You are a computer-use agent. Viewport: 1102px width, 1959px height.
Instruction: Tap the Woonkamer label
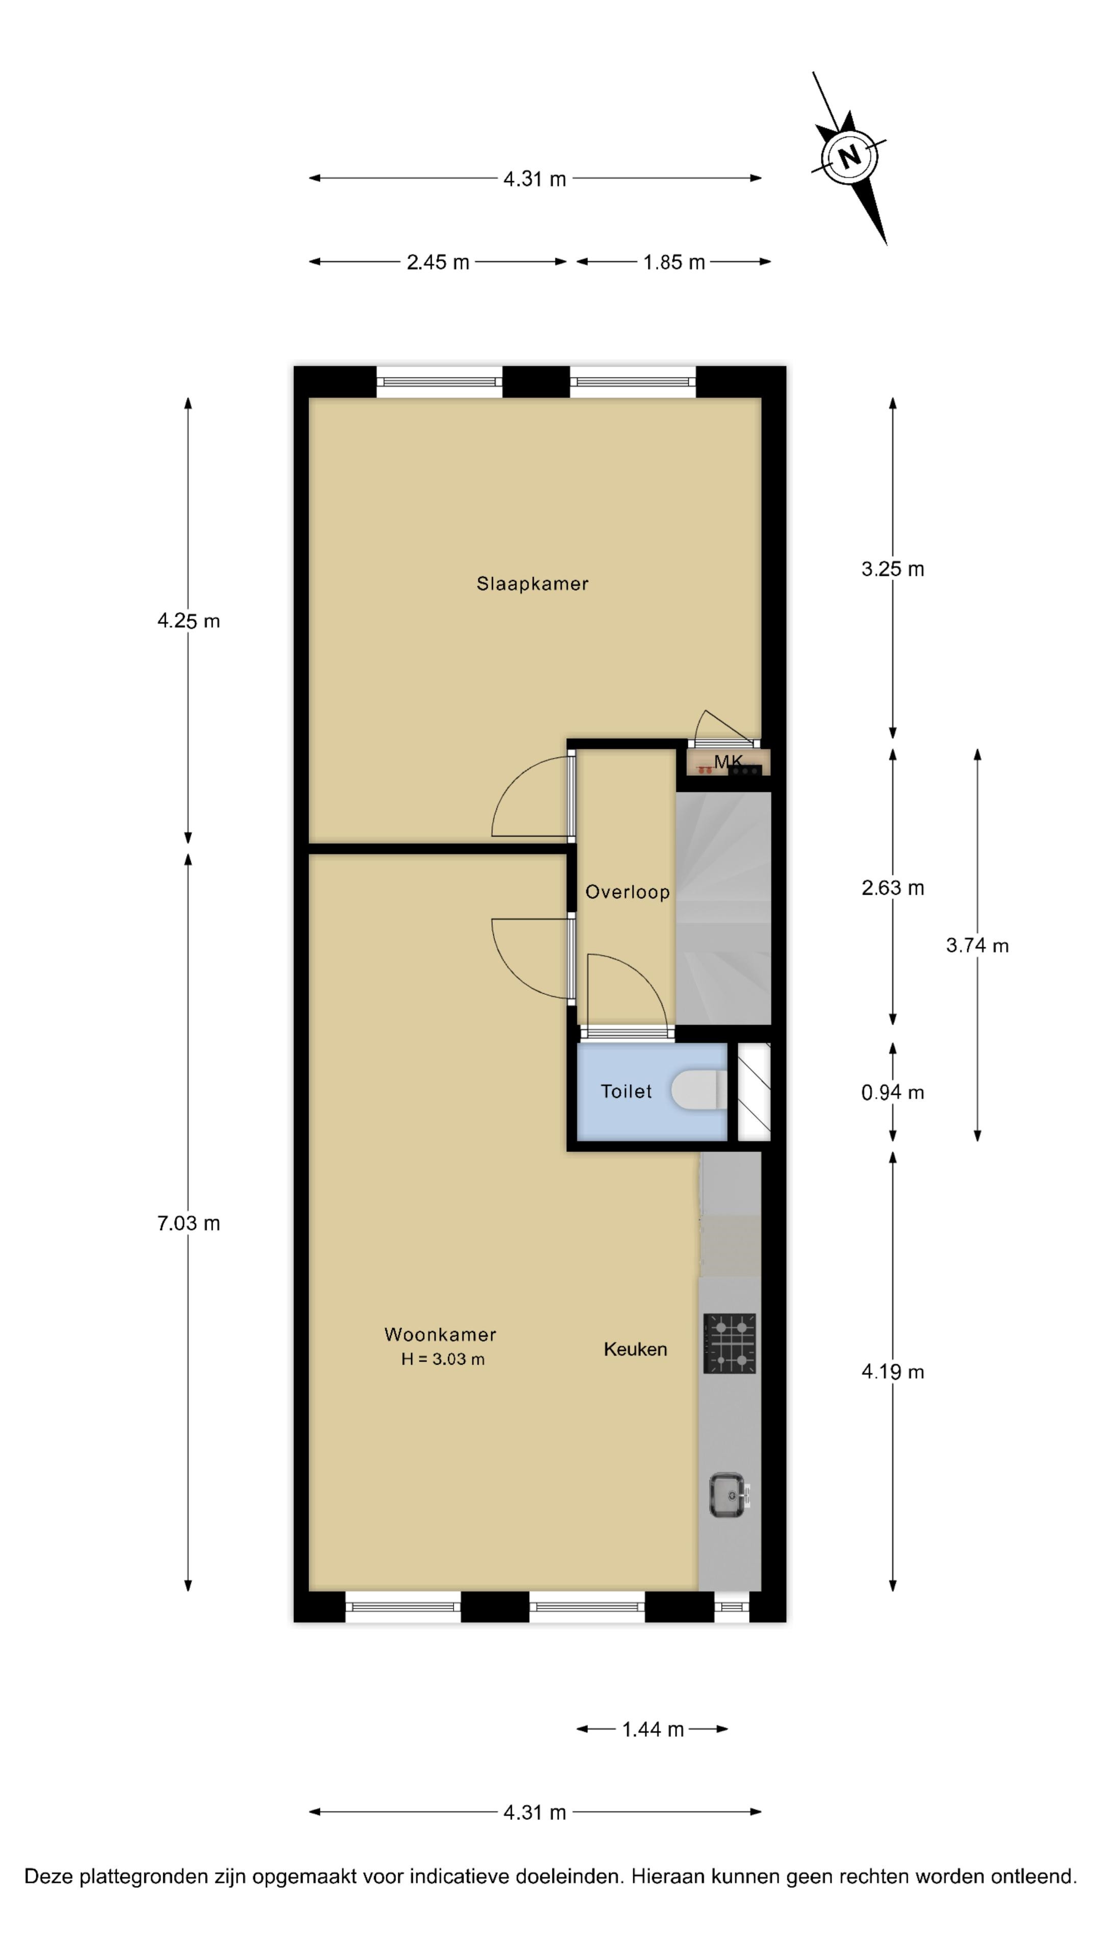pos(440,1334)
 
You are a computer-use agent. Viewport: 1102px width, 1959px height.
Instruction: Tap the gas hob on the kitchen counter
pos(730,1344)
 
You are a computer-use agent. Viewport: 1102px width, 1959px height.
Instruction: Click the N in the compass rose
pos(849,157)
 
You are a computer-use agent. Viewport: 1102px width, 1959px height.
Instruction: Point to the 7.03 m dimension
pos(189,1223)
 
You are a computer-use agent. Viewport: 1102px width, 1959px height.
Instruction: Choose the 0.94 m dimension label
pos(893,1092)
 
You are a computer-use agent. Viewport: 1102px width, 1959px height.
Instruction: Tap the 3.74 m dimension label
pos(978,945)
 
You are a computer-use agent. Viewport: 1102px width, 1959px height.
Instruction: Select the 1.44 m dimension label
pos(653,1729)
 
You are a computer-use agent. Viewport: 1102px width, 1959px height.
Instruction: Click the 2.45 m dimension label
pos(438,262)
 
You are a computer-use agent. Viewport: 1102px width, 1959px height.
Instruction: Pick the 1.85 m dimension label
pos(674,262)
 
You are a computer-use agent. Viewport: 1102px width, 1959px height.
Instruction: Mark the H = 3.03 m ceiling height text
pos(443,1359)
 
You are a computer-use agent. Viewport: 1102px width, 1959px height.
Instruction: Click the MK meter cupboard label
pos(728,761)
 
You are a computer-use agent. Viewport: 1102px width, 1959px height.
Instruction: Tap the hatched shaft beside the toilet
pos(755,1091)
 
